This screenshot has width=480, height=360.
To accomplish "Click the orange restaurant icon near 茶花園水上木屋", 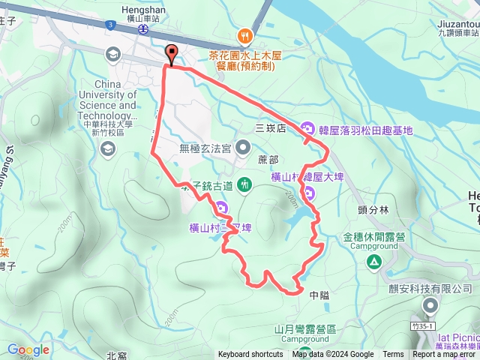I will click(244, 35).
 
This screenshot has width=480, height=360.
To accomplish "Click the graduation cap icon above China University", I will click(112, 54).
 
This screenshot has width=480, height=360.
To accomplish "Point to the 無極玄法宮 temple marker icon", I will click(242, 147).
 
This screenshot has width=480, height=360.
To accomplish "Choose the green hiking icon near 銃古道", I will click(244, 184).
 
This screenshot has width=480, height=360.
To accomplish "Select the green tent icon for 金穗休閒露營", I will click(373, 261).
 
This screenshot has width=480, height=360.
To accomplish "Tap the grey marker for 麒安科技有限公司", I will click(430, 304).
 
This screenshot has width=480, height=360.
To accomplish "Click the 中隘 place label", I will click(319, 295).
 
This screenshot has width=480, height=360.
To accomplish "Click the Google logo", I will click(28, 349).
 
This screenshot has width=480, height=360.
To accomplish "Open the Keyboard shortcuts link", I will click(250, 355).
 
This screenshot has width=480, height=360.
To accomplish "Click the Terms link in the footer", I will click(393, 355).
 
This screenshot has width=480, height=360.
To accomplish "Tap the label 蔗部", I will click(268, 160).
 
